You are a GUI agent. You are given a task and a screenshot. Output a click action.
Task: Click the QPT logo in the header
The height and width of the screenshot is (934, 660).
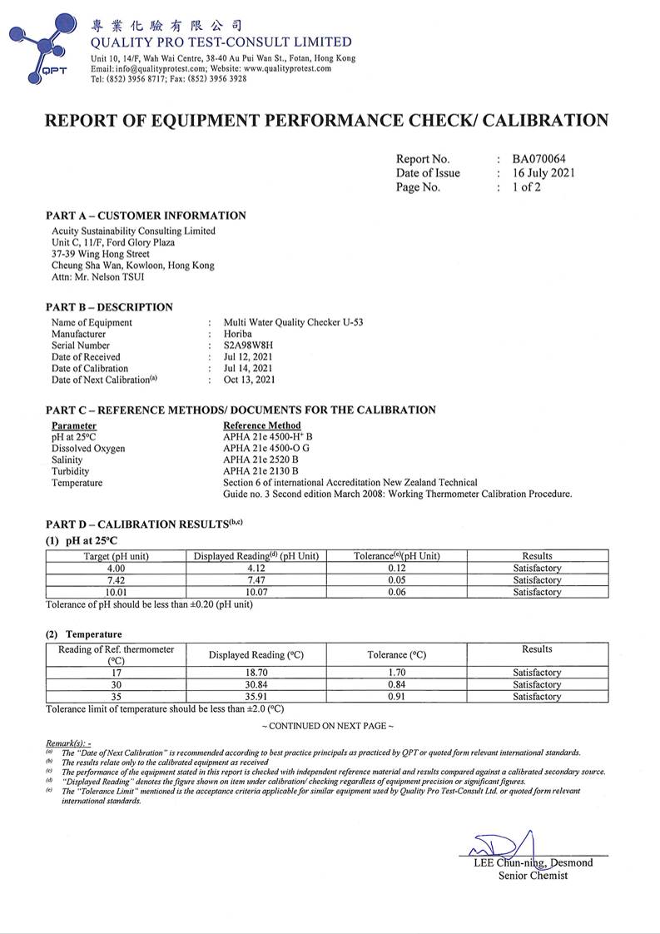[42, 48]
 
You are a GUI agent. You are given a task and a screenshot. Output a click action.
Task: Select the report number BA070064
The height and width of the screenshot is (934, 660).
[544, 159]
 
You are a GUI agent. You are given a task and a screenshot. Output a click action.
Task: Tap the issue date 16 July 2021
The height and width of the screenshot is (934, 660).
[543, 173]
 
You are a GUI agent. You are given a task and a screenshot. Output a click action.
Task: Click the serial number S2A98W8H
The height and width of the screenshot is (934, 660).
[249, 345]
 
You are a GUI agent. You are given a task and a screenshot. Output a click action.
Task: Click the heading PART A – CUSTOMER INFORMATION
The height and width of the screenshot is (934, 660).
[146, 216]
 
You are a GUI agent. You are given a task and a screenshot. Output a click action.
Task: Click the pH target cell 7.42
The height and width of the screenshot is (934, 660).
[116, 580]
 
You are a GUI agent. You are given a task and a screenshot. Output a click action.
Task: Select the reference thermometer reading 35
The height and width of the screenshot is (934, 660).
[116, 697]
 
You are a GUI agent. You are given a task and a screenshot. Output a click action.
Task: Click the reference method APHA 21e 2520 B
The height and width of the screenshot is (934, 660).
[261, 460]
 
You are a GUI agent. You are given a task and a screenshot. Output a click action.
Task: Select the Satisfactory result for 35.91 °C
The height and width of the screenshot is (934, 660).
[537, 697]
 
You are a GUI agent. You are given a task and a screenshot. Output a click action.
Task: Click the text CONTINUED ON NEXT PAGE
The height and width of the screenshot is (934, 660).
[327, 726]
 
